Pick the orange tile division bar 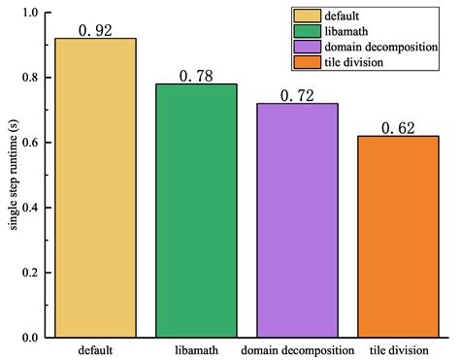[x=398, y=237]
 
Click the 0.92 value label [x=95, y=30]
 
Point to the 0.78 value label [x=196, y=76]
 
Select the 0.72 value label [x=297, y=95]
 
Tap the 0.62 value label [x=398, y=128]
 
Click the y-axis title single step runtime [x=12, y=176]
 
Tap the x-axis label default [x=95, y=349]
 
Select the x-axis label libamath [x=196, y=349]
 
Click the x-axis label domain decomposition [x=297, y=349]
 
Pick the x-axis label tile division [x=398, y=349]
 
